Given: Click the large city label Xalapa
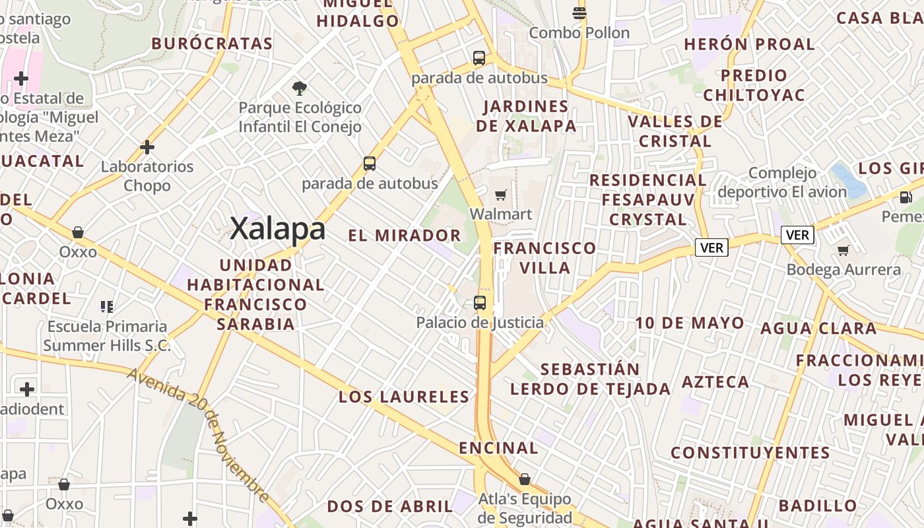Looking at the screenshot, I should click(x=278, y=229).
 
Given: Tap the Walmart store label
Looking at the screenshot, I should click(x=500, y=214).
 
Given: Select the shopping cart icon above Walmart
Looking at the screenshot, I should click(x=501, y=195).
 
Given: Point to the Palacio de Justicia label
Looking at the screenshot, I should click(x=480, y=323).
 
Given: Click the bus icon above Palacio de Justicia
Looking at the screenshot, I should click(x=480, y=303).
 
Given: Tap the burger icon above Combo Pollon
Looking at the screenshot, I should click(x=579, y=13).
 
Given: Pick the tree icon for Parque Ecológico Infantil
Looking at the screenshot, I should click(x=300, y=88).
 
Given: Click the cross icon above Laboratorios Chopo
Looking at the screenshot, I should click(x=147, y=147).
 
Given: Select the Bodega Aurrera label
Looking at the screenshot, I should click(x=843, y=270).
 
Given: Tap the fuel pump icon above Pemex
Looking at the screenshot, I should click(x=906, y=197).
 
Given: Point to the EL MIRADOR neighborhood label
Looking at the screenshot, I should click(x=405, y=236).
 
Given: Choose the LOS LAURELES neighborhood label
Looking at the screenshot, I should click(x=404, y=397).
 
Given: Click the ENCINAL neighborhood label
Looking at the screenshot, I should click(x=498, y=448).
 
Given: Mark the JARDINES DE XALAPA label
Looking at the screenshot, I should click(x=526, y=116).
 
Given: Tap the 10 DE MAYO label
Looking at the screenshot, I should click(x=690, y=323).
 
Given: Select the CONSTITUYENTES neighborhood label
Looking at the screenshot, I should click(x=750, y=453).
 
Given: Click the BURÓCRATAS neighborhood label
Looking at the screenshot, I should click(x=212, y=44).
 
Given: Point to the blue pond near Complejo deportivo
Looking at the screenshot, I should click(x=848, y=180).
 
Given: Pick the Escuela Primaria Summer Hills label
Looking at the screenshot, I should click(x=107, y=336).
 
